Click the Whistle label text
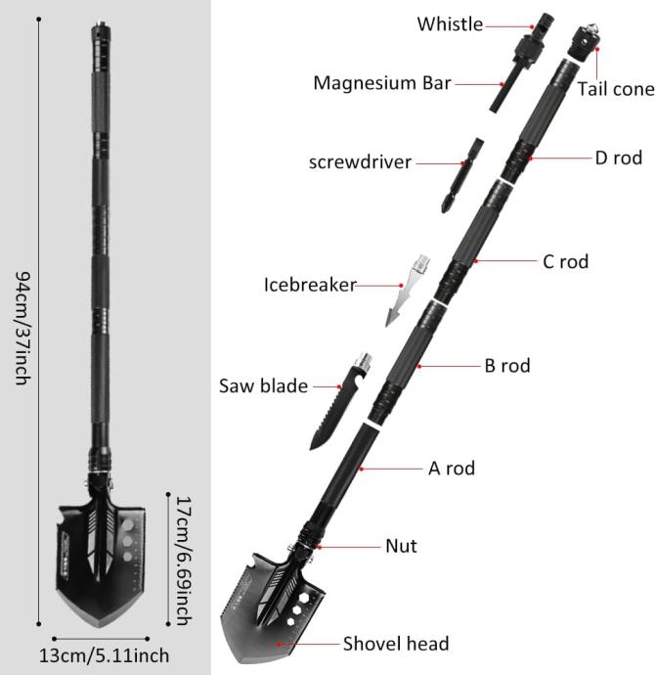[450, 24]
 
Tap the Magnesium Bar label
[382, 83]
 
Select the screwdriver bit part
[462, 176]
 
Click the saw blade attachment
[340, 402]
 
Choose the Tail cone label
[616, 89]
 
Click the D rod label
[619, 157]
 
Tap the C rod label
[566, 261]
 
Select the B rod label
[507, 366]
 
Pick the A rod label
[452, 469]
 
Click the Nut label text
[401, 546]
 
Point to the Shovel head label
[396, 644]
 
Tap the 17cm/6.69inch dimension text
[184, 561]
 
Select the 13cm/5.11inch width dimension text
[104, 656]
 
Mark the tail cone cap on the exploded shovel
[585, 43]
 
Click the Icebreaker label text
[310, 285]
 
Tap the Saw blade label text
[263, 385]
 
